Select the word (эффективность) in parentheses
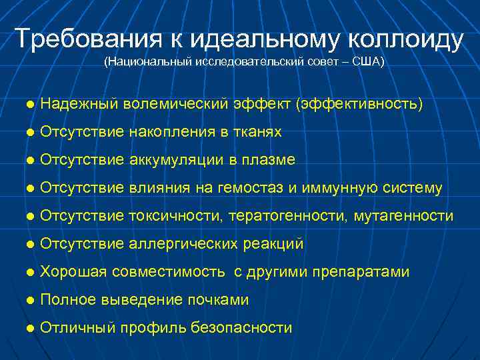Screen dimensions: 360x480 pos(361,105)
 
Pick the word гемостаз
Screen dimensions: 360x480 pos(251,189)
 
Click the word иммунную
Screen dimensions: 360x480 pos(339,189)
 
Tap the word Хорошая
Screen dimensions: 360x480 pos(74,273)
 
